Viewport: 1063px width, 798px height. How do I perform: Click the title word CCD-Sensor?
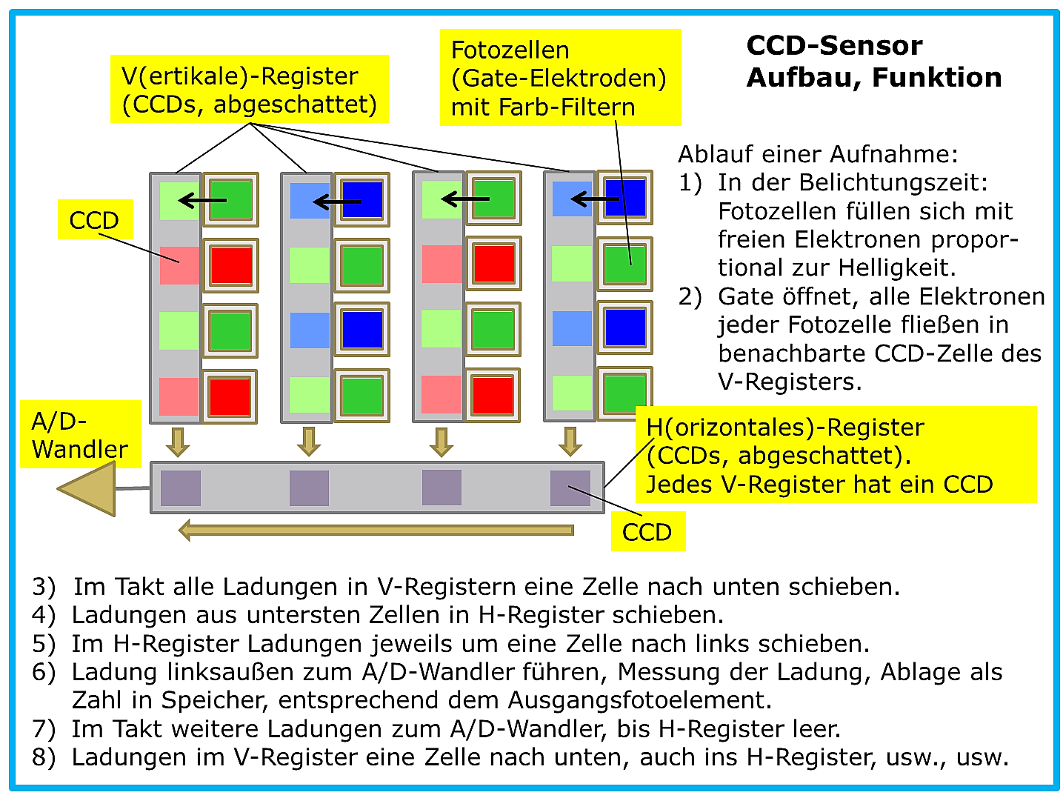[x=834, y=46]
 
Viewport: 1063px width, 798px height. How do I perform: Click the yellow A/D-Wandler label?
[x=81, y=434]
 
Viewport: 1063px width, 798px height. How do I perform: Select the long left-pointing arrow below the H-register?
[x=376, y=531]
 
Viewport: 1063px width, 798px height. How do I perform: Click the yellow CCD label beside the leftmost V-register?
[x=95, y=219]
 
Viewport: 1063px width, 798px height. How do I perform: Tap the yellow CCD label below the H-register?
[x=647, y=532]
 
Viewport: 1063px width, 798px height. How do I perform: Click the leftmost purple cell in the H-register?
[x=181, y=488]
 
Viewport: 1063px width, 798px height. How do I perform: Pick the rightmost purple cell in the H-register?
[x=570, y=488]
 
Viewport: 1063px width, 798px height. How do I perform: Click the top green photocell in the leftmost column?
[x=230, y=199]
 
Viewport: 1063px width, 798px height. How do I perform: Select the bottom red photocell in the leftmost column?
[x=230, y=396]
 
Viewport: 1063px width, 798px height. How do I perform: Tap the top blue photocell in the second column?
[x=361, y=199]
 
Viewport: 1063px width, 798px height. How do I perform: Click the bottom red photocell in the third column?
[x=493, y=395]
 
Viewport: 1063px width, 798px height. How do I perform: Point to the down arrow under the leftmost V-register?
[x=178, y=442]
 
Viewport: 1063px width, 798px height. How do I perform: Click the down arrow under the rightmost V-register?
[x=570, y=441]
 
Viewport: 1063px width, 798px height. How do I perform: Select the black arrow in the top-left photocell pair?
[x=202, y=201]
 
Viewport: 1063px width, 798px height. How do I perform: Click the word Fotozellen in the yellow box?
[x=510, y=50]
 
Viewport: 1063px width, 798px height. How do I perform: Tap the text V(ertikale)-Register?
[x=240, y=76]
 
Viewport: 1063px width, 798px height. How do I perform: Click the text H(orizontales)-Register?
[x=785, y=427]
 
